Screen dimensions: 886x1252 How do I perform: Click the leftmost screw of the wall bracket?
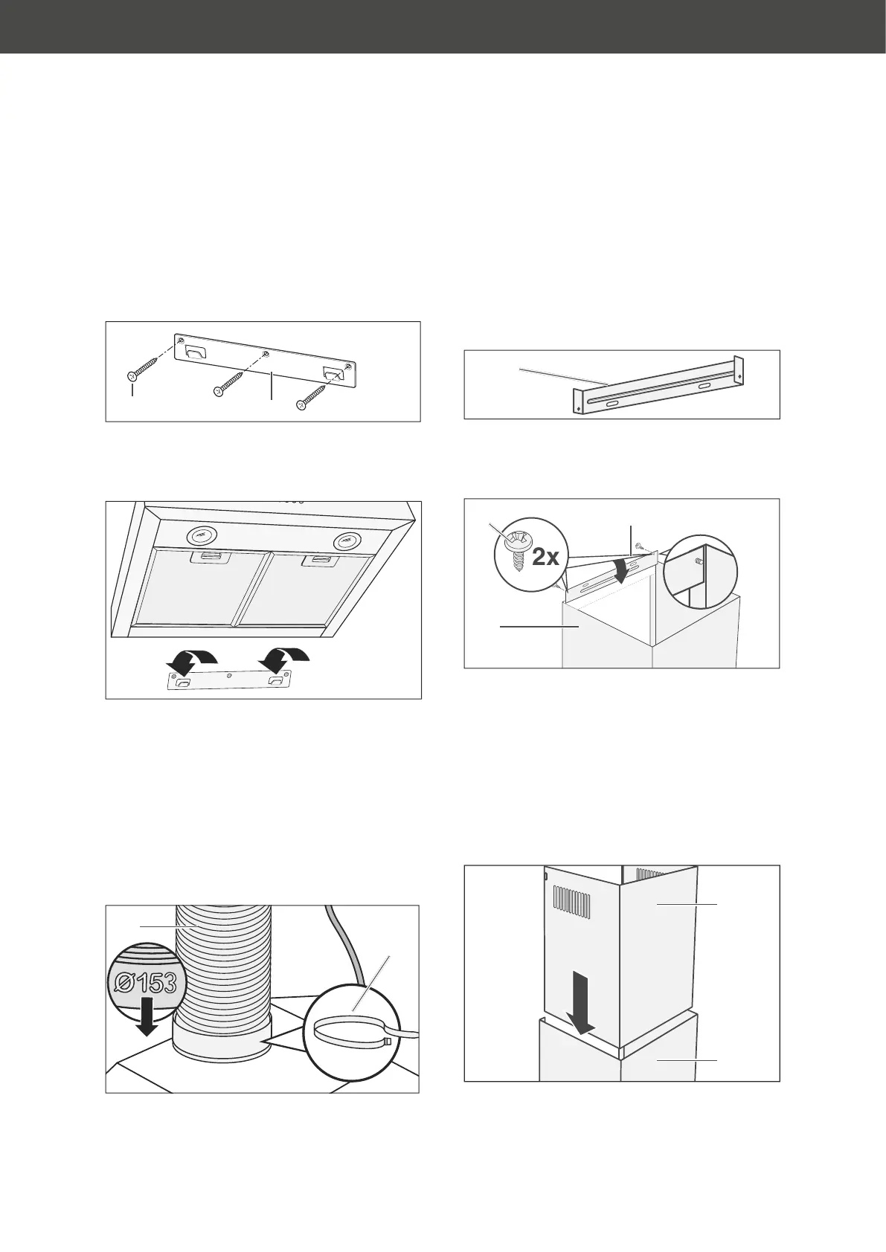141,370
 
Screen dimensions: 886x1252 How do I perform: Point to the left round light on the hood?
198,533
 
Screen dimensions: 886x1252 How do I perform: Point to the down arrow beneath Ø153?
148,1016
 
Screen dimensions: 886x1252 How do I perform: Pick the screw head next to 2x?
513,540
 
